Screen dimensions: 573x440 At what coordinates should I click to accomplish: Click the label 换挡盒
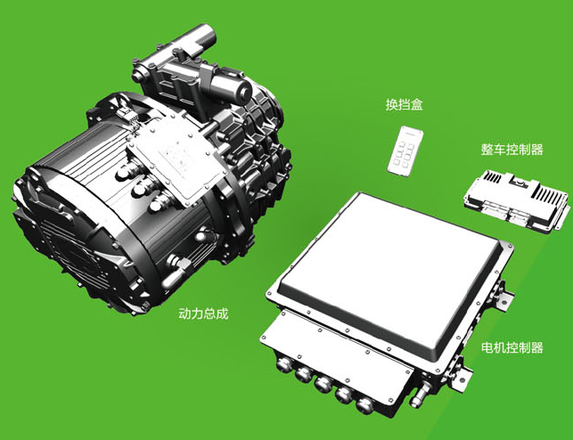(405, 105)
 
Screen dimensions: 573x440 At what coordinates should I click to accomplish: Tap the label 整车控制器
(512, 150)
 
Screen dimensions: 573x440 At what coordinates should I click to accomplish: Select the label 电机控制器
(512, 347)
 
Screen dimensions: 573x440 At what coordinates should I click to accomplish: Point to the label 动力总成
(203, 314)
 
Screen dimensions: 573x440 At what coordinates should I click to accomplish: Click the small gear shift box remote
(405, 151)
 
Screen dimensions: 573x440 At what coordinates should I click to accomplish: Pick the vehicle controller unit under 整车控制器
(516, 200)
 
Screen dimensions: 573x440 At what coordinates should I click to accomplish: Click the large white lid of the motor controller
(390, 270)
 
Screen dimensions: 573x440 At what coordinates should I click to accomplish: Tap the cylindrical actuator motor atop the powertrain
(225, 85)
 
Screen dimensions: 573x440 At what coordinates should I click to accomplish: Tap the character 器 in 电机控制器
(536, 347)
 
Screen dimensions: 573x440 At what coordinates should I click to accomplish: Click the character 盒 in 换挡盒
(417, 105)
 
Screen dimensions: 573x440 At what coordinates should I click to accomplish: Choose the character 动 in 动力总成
(184, 314)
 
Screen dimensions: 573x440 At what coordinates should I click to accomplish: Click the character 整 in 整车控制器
(487, 150)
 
